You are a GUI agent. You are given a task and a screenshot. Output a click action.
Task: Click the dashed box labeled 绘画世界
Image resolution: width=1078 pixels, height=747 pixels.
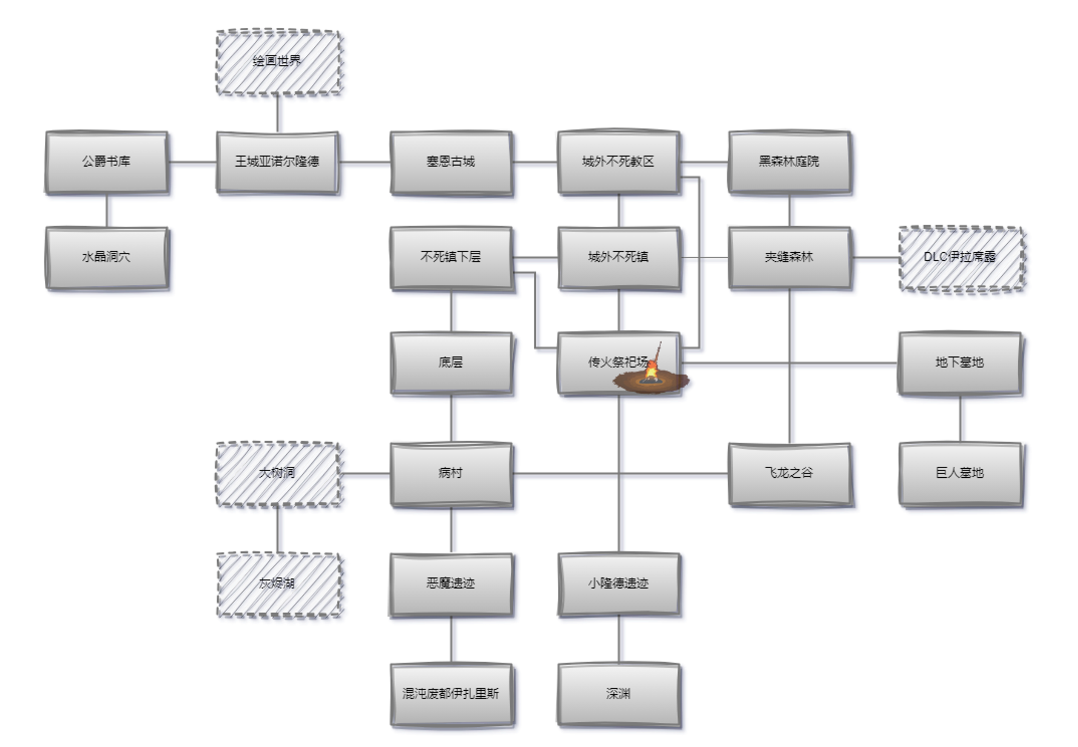(279, 62)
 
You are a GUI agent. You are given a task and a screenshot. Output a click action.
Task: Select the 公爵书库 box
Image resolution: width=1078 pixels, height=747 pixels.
(106, 162)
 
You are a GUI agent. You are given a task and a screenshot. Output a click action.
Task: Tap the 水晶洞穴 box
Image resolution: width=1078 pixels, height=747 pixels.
(106, 257)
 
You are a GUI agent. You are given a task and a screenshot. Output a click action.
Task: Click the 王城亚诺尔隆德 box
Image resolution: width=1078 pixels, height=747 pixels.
(278, 162)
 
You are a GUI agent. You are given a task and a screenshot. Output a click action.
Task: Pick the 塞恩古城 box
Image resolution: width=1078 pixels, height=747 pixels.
(451, 162)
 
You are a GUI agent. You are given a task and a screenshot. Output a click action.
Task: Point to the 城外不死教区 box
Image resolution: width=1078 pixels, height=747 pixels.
(618, 162)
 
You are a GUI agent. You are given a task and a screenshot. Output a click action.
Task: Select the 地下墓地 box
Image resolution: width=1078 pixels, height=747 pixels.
(960, 363)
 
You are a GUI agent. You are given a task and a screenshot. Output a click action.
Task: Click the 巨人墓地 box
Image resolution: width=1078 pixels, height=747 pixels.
(960, 474)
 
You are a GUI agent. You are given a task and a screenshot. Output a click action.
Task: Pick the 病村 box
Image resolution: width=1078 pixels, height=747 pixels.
(451, 474)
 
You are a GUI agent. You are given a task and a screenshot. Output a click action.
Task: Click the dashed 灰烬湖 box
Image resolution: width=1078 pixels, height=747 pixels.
(279, 584)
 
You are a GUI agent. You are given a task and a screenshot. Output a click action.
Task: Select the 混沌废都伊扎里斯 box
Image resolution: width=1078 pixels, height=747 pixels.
(451, 694)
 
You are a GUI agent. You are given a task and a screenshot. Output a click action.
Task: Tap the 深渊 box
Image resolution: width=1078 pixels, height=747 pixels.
(618, 694)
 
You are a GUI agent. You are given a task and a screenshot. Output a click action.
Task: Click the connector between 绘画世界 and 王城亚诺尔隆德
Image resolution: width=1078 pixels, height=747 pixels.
(278, 114)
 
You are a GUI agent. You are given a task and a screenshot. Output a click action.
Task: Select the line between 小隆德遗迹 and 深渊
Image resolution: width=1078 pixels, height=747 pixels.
(619, 639)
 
